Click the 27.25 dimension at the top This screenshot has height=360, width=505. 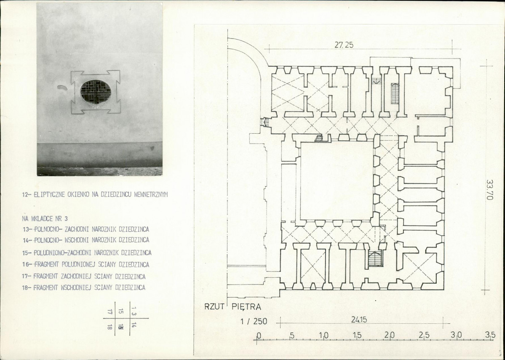(x=344, y=45)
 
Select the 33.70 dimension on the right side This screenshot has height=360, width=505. (x=489, y=190)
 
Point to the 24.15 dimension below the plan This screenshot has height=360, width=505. (x=359, y=320)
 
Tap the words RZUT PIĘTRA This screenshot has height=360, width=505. (x=232, y=307)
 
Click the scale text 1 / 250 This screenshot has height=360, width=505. (x=254, y=321)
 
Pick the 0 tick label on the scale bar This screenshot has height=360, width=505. (x=258, y=336)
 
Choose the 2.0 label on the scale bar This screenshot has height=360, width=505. (x=389, y=335)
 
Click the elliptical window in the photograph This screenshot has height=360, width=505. (x=96, y=92)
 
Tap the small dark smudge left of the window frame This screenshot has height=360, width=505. (x=62, y=87)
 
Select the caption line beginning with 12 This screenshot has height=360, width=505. (x=95, y=194)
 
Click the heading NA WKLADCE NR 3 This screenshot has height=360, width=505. (x=45, y=218)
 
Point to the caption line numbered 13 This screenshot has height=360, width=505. (x=86, y=229)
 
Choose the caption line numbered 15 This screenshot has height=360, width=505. (x=87, y=253)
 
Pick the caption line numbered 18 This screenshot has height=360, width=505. (x=84, y=287)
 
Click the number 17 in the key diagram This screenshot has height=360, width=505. (x=110, y=312)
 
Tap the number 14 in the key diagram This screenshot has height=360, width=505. (x=134, y=325)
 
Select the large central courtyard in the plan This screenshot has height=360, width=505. (x=337, y=180)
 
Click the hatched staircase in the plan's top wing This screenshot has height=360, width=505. (x=395, y=94)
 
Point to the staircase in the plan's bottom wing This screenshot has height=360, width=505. (x=375, y=258)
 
